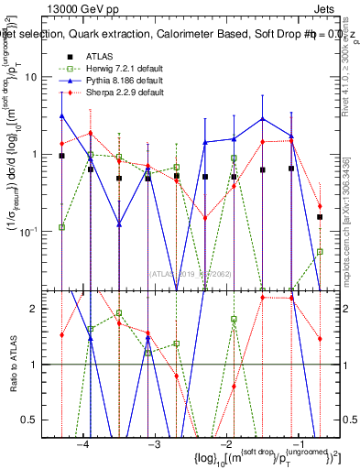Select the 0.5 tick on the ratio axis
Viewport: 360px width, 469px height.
pyautogui.click(x=44, y=420)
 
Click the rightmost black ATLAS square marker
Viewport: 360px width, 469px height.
pyautogui.click(x=320, y=217)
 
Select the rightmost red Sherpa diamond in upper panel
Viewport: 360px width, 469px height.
pyautogui.click(x=320, y=206)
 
